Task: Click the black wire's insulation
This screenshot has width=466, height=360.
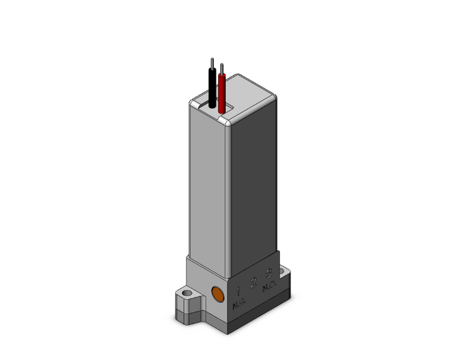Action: tap(213, 88)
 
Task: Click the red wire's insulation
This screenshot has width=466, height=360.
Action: tap(222, 94)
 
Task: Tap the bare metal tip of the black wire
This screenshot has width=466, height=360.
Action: tap(213, 62)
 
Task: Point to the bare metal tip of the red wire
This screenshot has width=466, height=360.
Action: tap(221, 67)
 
